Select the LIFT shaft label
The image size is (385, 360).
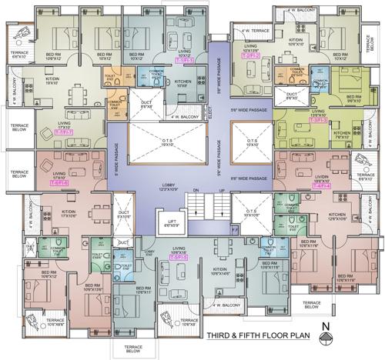click(179, 225)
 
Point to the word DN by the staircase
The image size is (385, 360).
click(196, 189)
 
